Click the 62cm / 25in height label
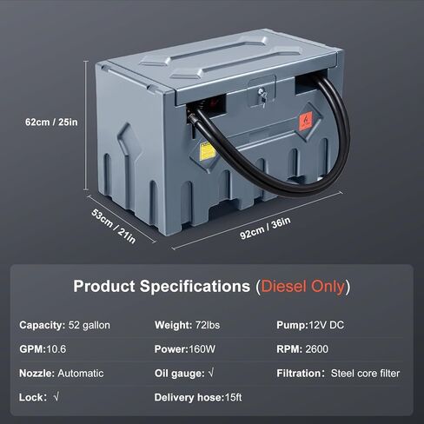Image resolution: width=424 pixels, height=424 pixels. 51,123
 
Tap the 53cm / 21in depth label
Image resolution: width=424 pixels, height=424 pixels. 113,226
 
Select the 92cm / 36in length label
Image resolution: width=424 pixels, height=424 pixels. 265,229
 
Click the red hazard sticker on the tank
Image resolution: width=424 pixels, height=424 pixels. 306,121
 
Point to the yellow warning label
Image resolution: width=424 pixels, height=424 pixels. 208,151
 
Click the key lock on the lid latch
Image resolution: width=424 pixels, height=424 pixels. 262,96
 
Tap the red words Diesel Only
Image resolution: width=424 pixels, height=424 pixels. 302,287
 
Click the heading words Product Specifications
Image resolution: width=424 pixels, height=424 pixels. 162,286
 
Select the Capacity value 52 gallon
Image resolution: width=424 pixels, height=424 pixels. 89,325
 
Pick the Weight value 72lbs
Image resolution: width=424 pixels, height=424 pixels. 208,325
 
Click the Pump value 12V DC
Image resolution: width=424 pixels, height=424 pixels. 327,325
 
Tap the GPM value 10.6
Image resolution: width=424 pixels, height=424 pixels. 56,349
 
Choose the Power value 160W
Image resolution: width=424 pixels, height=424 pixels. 202,349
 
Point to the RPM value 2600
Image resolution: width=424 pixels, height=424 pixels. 317,349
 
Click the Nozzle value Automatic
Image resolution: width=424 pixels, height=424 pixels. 81,373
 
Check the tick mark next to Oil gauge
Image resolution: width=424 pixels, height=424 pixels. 211,373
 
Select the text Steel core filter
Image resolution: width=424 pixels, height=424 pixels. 365,373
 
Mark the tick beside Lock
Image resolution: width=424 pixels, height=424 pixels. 56,396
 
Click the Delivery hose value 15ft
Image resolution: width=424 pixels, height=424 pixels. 233,397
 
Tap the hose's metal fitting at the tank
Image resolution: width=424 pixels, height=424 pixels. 192,118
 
